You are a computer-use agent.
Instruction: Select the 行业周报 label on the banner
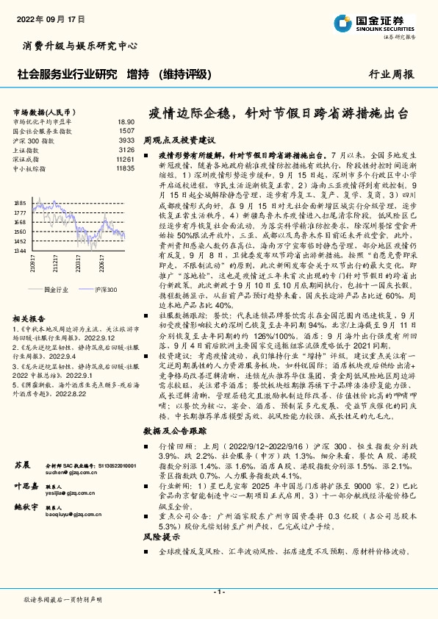(x=391, y=74)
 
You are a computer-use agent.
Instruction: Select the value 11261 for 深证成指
(x=126, y=159)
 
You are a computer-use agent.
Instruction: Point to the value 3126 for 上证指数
(x=126, y=149)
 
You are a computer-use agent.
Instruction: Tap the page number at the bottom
(x=218, y=592)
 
